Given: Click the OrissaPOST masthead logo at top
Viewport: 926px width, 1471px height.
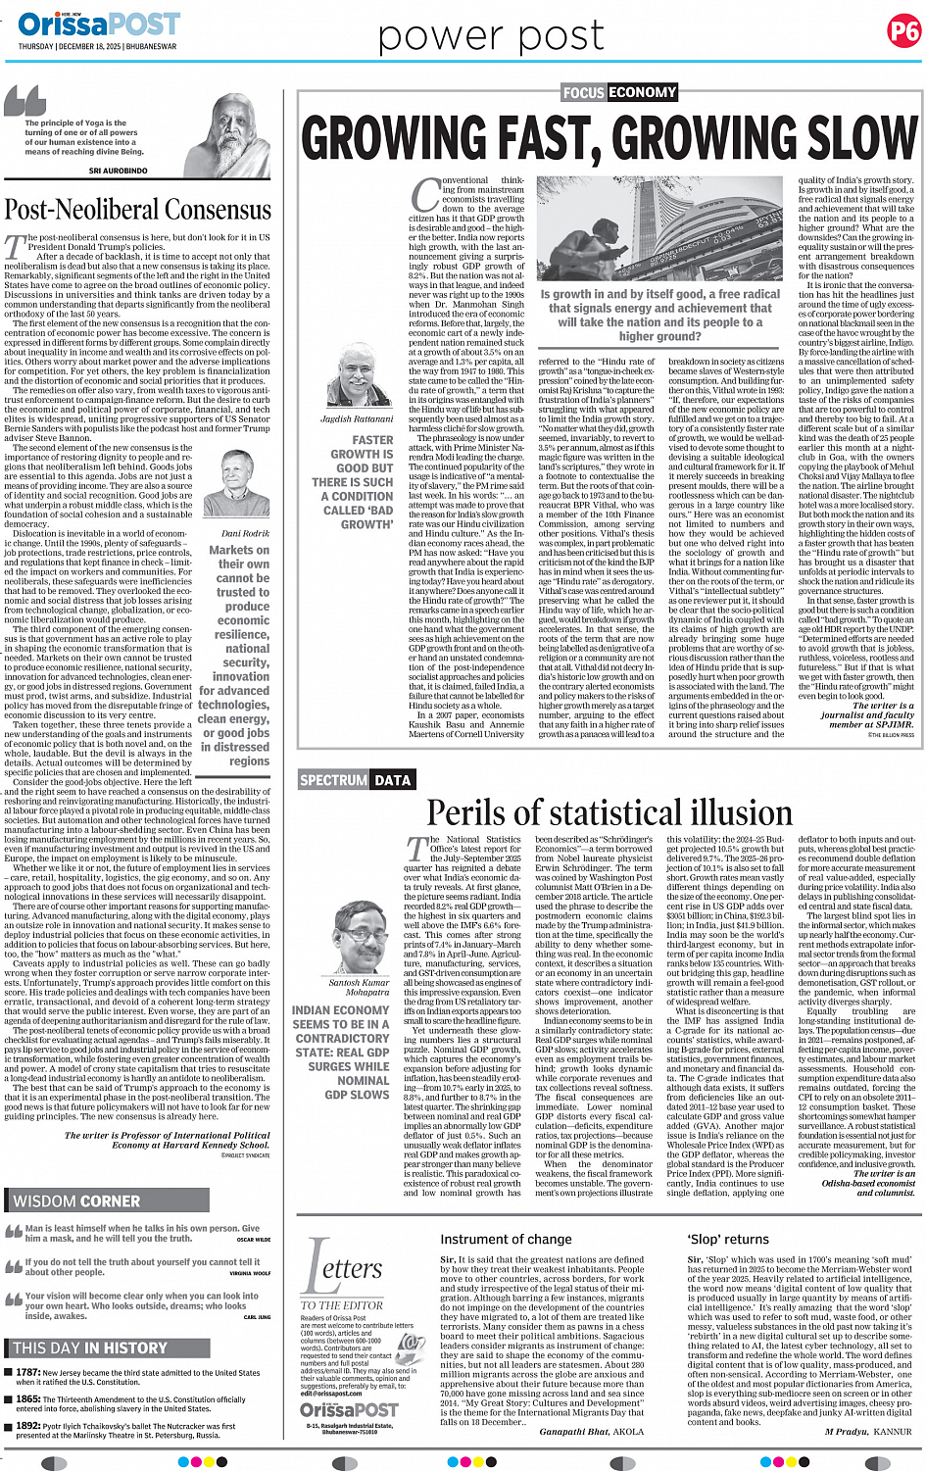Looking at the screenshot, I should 99,24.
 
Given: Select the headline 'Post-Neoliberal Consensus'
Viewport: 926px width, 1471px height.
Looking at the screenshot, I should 138,210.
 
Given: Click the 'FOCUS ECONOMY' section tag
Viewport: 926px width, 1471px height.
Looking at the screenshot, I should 619,92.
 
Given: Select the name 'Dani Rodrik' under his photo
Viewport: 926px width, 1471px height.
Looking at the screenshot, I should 245,533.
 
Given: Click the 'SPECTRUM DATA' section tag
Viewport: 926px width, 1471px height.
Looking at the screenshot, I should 356,780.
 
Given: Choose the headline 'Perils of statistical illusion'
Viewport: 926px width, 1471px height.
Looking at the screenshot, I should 609,813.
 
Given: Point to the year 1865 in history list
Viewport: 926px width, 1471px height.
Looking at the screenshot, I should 28,1399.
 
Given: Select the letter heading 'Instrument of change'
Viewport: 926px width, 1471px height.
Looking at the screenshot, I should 506,1240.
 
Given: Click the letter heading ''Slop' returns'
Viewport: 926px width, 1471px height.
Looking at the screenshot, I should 728,1240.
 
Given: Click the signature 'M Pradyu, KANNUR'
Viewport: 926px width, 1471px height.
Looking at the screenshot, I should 868,1431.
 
